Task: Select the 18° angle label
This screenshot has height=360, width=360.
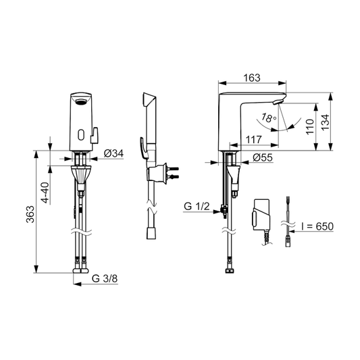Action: [269, 118]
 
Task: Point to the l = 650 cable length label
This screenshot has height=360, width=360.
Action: [315, 225]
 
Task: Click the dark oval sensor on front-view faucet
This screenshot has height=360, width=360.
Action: [81, 101]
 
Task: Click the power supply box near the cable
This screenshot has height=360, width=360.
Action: [259, 214]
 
